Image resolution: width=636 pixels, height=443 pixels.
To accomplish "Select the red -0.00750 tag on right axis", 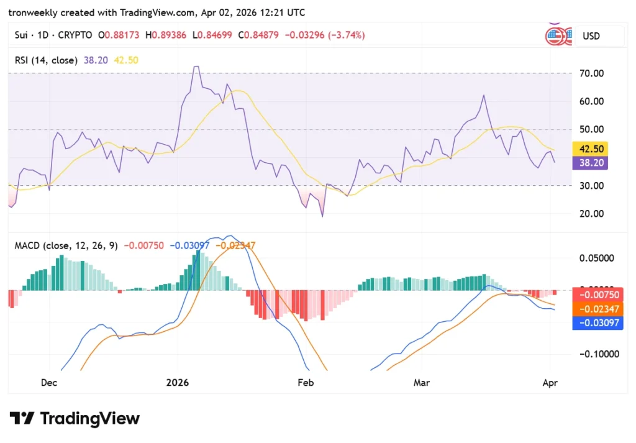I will click(597, 295).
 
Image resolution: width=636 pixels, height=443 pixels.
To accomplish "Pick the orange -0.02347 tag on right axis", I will click(597, 308).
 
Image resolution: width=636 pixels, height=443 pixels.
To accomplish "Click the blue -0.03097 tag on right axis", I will click(597, 322).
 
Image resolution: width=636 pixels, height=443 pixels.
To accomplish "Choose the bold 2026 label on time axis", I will click(178, 383).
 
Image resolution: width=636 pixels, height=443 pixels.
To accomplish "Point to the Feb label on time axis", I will click(306, 383).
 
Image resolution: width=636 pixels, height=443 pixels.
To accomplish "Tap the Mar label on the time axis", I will click(422, 383).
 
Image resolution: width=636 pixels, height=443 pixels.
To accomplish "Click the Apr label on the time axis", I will click(550, 383).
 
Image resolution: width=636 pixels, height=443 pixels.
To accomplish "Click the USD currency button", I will click(599, 36).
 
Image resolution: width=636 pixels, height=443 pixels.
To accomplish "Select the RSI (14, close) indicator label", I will click(46, 60).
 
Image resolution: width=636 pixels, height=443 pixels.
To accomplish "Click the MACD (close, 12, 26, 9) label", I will click(66, 245).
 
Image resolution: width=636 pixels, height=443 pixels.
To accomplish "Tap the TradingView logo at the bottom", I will click(75, 419).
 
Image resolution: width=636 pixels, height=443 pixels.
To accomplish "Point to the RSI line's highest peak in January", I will click(196, 66).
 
